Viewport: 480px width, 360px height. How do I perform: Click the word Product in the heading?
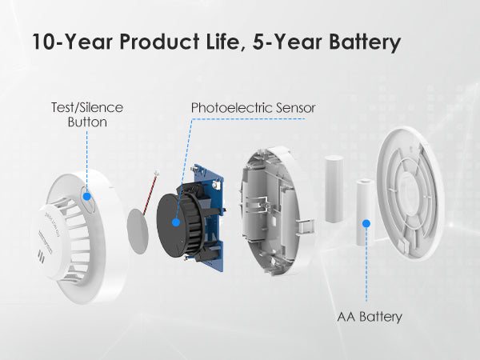click(159, 42)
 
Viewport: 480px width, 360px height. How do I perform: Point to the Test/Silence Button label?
click(87, 114)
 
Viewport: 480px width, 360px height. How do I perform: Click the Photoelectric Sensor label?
click(253, 108)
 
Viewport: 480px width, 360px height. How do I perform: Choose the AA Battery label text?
click(370, 317)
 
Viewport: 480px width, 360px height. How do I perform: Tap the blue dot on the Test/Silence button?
click(87, 196)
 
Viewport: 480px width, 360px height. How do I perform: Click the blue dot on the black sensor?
click(176, 222)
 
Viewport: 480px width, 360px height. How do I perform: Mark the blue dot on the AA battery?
click(366, 223)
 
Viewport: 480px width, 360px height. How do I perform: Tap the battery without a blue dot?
click(334, 189)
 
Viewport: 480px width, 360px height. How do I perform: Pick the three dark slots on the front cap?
click(41, 257)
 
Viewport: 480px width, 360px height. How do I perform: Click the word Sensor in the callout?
click(295, 108)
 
